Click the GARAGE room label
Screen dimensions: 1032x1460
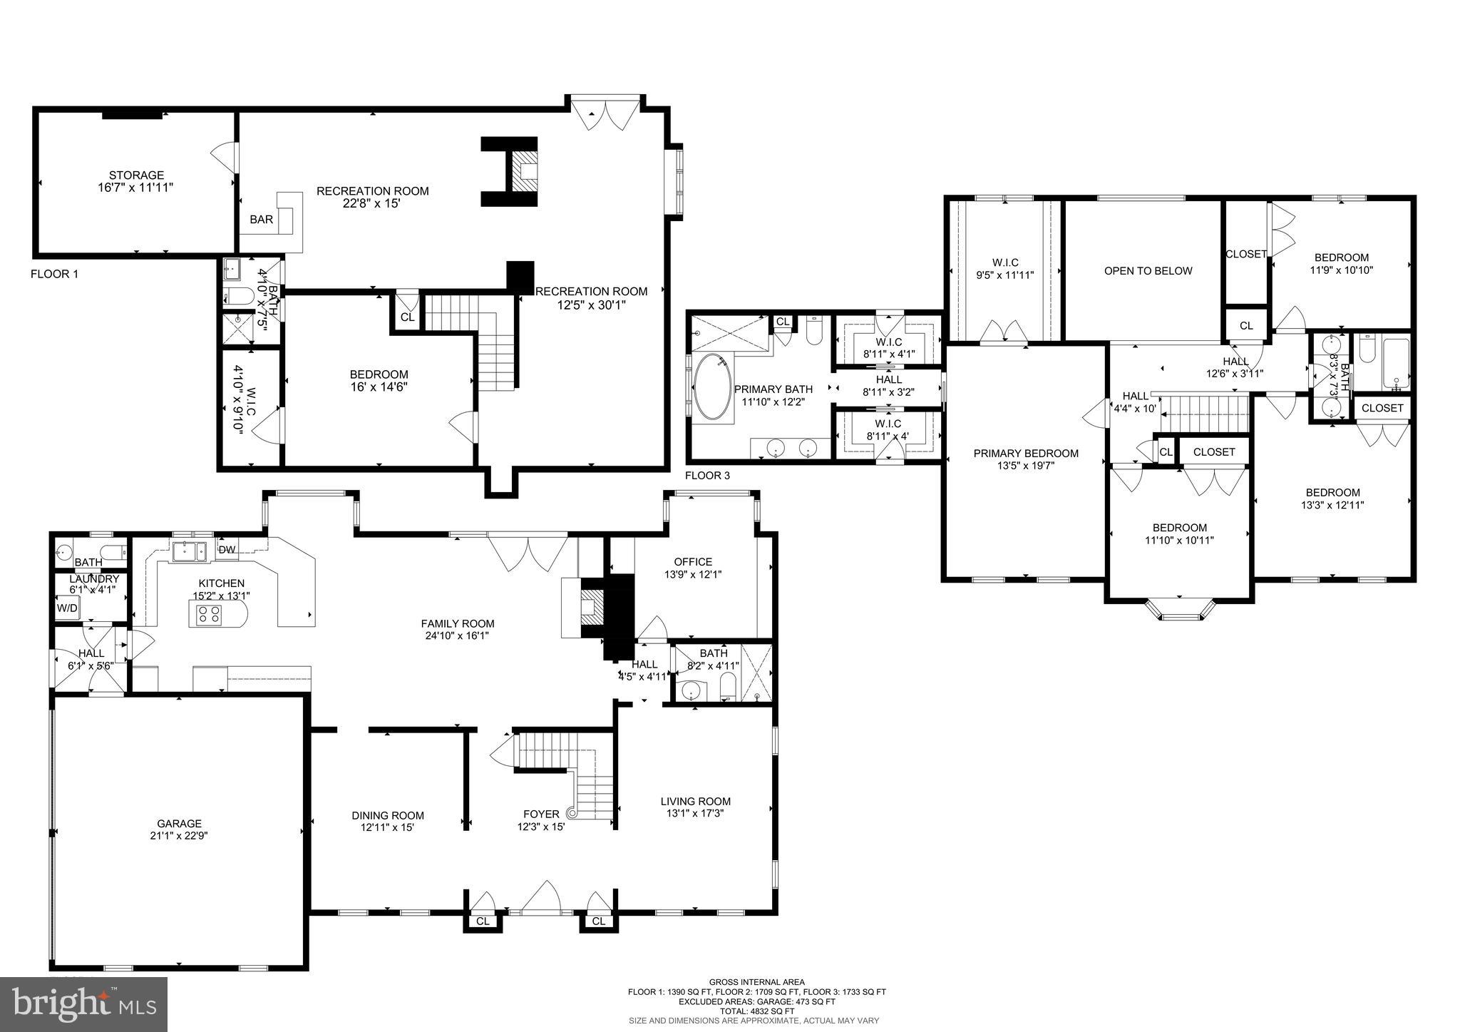179,823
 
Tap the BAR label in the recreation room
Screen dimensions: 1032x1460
261,220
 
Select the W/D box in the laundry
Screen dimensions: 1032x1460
68,608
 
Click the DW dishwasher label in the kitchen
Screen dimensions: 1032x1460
227,549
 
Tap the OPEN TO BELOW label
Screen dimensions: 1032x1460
1148,270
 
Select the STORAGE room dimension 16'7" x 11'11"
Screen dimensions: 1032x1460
135,187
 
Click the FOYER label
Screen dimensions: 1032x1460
541,814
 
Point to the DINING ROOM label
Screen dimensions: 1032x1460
388,815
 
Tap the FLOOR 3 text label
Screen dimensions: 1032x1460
707,476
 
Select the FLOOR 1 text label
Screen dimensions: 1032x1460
54,274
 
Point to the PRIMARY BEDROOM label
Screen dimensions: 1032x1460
1026,453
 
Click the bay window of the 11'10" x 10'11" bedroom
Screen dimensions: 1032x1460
1179,610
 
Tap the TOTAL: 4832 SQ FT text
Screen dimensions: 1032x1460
756,1011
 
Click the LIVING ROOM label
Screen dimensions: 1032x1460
695,801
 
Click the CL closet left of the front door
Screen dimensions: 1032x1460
483,921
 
